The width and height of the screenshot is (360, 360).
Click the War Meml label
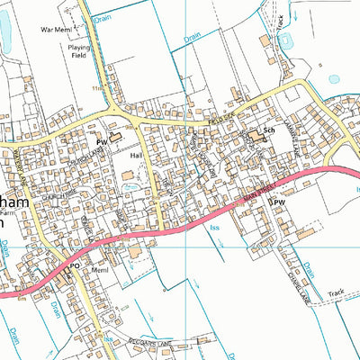(57, 29)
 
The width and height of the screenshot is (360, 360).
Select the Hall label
(137, 155)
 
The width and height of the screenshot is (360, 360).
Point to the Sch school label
(268, 129)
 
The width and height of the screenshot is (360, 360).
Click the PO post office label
(76, 266)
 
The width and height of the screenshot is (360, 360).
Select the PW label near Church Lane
(103, 141)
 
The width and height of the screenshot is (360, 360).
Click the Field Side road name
(220, 114)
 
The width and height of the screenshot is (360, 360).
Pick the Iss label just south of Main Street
(214, 229)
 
